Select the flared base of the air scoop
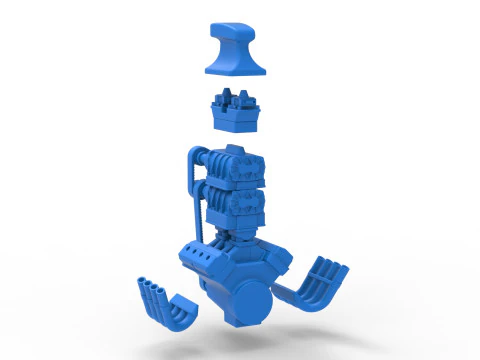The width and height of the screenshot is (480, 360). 236,70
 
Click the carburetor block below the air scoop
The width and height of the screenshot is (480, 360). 236,112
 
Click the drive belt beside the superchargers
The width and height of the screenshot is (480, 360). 187,185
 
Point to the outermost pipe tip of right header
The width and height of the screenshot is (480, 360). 341,266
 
